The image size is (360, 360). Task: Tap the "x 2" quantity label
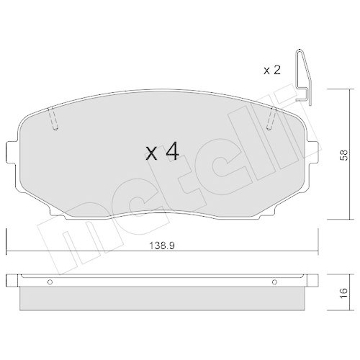[271, 70]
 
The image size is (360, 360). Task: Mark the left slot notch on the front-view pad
[54, 120]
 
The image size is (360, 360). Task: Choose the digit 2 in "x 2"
[277, 70]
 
